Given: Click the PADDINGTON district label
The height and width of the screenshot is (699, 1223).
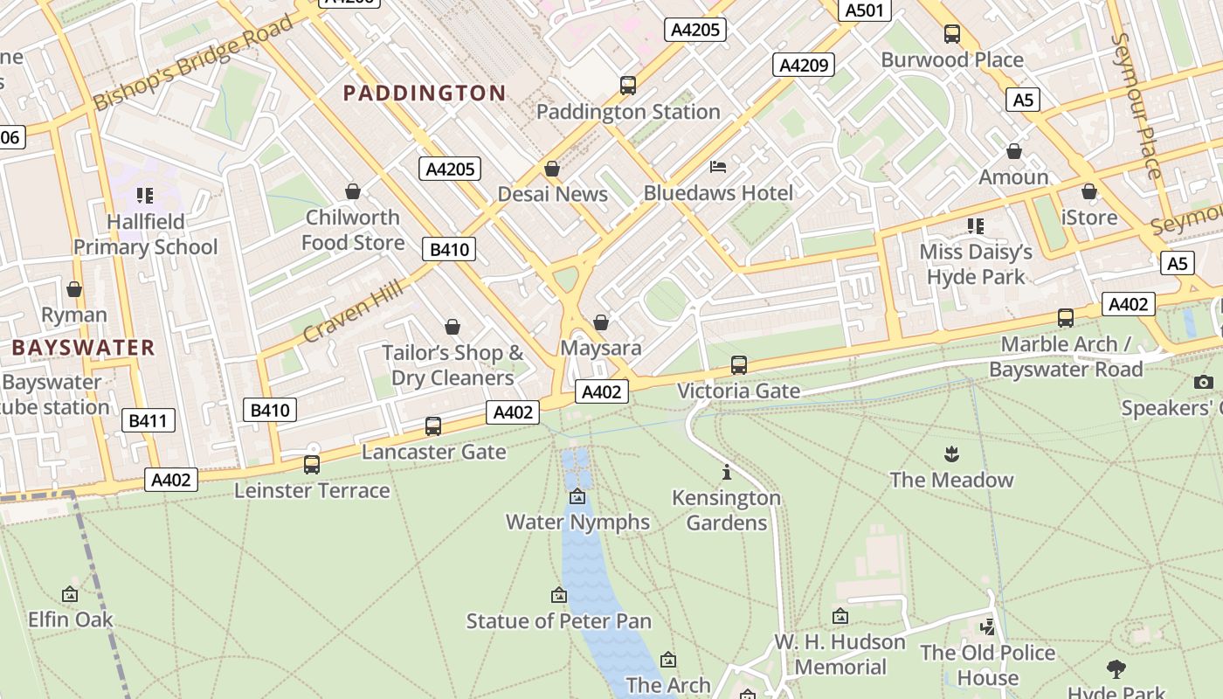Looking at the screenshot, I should coord(425,93).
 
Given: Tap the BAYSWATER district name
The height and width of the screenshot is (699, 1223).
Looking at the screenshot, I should coord(83,348).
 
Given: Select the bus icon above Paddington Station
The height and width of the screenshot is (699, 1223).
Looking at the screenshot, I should coord(628,86).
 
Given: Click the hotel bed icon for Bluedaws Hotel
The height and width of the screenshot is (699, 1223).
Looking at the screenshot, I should coord(718,167).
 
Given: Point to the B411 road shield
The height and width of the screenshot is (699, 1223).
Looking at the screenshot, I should coord(147,420).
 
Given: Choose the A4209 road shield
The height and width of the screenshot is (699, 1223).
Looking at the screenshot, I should coord(803,65).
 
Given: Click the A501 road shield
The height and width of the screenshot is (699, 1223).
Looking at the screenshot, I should coord(865,10).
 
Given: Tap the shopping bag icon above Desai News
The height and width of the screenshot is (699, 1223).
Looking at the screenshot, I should coord(552,169).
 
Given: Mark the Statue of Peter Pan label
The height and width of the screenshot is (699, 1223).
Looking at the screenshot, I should coord(558,621).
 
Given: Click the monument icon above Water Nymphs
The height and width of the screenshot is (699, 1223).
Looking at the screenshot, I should coord(577,497).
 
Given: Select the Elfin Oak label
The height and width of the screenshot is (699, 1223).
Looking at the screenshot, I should coord(71,619).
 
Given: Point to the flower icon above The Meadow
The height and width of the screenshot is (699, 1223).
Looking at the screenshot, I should coord(951,454).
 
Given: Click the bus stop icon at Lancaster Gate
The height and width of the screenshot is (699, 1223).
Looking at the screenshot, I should coord(433,426).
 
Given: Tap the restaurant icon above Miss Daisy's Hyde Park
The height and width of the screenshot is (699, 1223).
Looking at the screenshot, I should coord(976,226).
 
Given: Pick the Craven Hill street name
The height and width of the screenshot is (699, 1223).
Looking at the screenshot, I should coord(353,310).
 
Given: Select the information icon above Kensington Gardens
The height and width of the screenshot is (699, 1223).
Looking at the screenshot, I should coord(727,473).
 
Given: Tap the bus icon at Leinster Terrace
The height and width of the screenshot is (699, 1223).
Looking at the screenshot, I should coord(312,465).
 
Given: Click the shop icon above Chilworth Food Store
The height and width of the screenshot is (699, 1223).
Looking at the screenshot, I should coord(353,191).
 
